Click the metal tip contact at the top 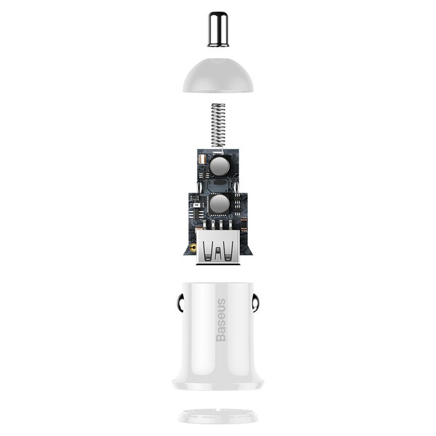(x=218, y=29)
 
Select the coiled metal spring (x=217, y=124)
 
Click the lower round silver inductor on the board (x=219, y=203)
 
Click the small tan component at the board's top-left (x=202, y=158)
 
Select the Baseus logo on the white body (x=221, y=320)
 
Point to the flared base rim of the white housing (x=218, y=383)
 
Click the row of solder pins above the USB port (x=217, y=223)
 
